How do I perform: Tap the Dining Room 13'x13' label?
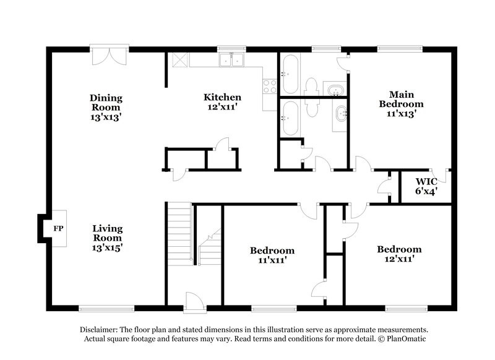tap(106, 107)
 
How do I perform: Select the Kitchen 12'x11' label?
tap(222, 102)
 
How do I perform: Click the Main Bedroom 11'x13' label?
tap(401, 104)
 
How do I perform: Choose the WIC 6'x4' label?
tap(426, 186)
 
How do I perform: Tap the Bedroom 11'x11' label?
tap(272, 255)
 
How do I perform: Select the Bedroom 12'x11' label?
tap(399, 254)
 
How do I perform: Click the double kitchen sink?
tap(232, 60)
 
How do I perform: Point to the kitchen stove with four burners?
tap(269, 86)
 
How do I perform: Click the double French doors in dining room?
tap(110, 56)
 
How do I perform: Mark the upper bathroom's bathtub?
tap(290, 74)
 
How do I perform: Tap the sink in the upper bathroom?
tap(335, 90)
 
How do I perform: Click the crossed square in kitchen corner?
tap(179, 60)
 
